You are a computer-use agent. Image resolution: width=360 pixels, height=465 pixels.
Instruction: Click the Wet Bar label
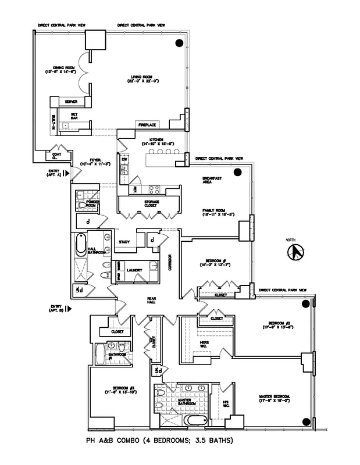[x=74, y=116]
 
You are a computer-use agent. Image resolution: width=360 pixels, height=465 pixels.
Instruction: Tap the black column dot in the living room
[x=180, y=43]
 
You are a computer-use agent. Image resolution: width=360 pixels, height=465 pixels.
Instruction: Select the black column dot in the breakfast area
[x=237, y=172]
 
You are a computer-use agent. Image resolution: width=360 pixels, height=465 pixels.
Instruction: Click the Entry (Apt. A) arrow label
[x=59, y=173]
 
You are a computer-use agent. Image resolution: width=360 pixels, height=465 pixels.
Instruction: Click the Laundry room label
[x=135, y=271]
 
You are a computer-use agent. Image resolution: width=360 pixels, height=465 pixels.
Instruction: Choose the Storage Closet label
[x=152, y=203]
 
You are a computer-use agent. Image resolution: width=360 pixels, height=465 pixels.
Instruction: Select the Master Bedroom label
[x=275, y=399]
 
